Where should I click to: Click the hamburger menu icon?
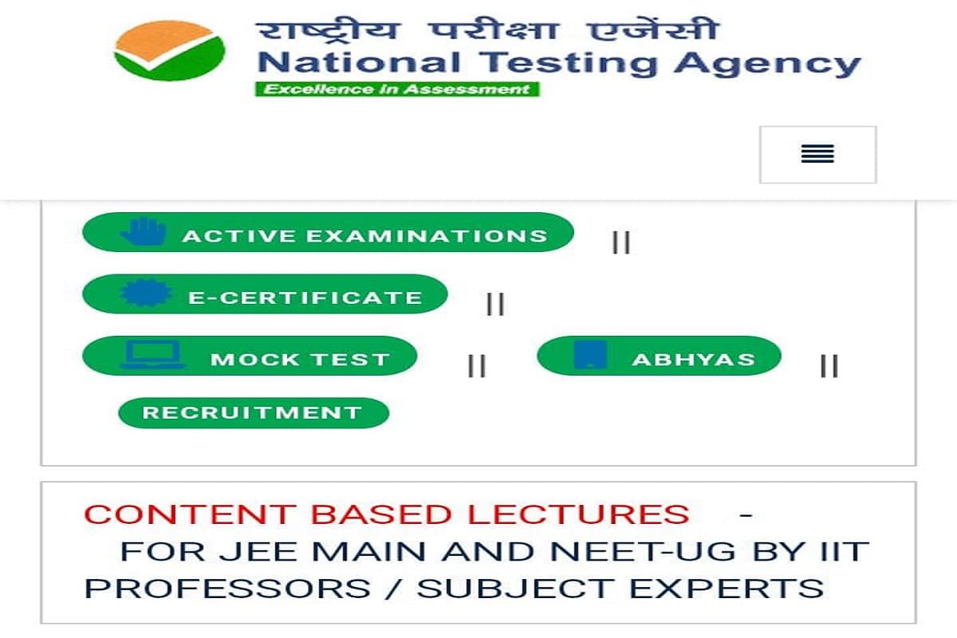(817, 154)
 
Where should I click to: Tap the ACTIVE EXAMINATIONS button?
(328, 233)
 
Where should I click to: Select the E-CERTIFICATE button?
(265, 294)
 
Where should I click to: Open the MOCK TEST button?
(250, 356)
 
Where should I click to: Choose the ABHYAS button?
(659, 356)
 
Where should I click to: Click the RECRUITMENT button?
(254, 413)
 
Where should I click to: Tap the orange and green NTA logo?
(169, 50)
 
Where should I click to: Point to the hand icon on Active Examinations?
(144, 232)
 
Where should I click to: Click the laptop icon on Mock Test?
(152, 356)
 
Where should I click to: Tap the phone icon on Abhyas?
(590, 355)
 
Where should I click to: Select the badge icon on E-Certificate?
(145, 293)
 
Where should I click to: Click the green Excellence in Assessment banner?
(397, 89)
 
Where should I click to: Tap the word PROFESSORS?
(227, 589)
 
